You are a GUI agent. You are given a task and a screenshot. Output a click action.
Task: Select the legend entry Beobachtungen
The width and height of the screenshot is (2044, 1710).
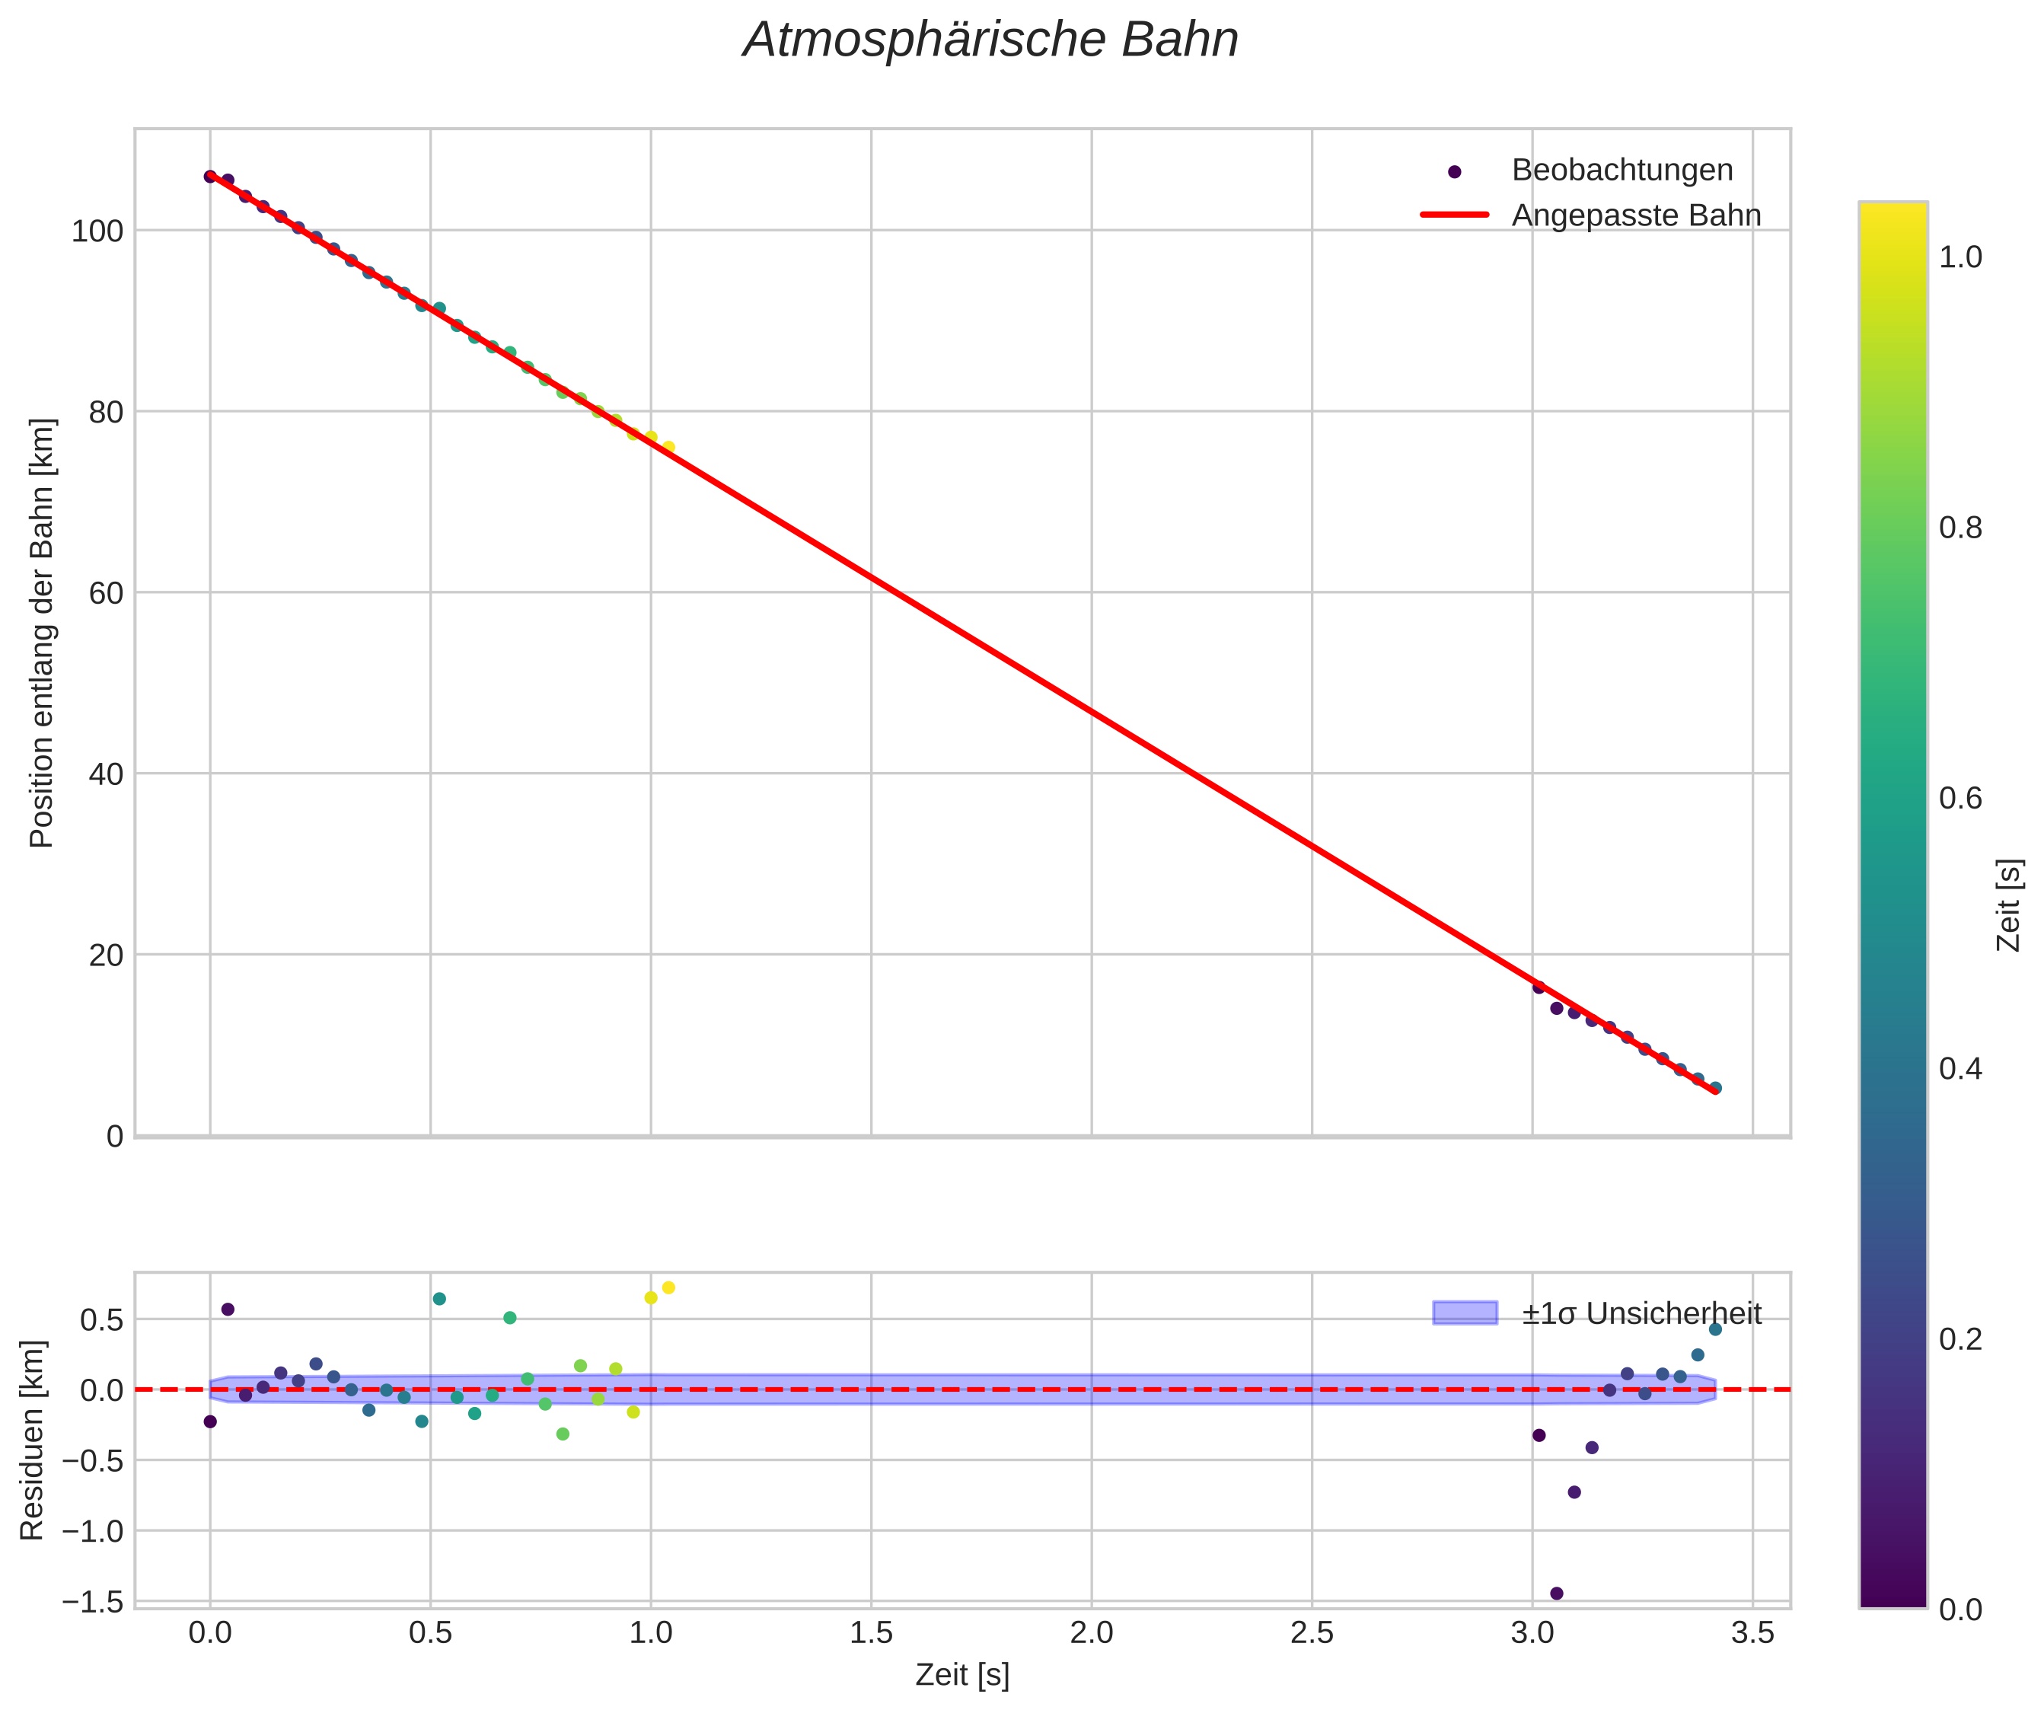tap(1621, 171)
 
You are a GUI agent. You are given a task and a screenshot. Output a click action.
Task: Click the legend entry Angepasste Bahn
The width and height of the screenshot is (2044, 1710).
tap(1635, 215)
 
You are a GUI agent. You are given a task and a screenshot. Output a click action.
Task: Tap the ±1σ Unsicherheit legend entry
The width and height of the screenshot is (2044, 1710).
tap(1641, 1314)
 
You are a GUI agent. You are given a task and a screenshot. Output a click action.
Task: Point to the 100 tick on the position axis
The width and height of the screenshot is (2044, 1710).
tap(97, 231)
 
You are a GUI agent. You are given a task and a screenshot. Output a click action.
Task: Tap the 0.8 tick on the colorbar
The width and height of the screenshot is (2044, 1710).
tap(1960, 528)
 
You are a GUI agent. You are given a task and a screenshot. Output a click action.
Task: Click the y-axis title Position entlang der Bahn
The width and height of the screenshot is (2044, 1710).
tap(43, 633)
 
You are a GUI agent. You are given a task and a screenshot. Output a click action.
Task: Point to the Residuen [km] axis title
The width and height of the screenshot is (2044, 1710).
tap(33, 1440)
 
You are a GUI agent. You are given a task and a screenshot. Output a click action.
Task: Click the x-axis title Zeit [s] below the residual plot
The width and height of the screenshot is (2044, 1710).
tap(961, 1676)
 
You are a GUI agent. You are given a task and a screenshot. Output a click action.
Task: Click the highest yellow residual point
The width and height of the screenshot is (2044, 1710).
tap(668, 1287)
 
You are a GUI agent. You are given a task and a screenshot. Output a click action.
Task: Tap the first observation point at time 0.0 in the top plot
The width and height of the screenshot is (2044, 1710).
tap(210, 176)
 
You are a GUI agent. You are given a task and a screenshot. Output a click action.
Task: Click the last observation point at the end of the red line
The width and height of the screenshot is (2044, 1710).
tap(1715, 1088)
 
